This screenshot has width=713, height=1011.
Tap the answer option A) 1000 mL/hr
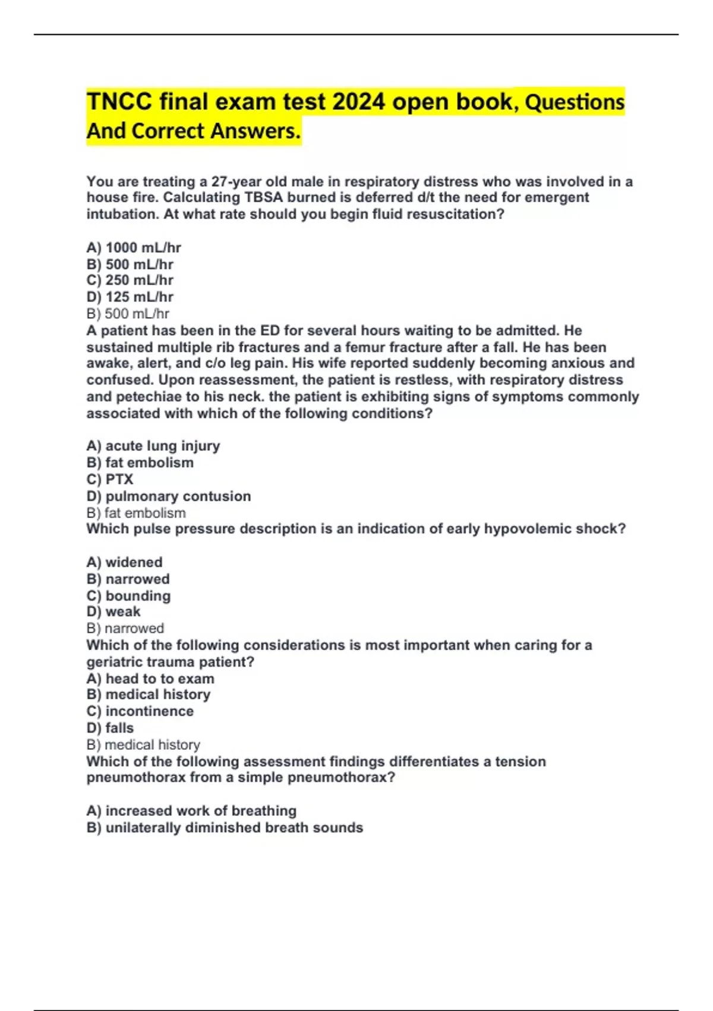(134, 247)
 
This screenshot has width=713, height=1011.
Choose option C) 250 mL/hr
(130, 280)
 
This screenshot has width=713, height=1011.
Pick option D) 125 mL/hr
(130, 297)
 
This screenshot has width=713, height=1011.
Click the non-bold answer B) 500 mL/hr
(128, 313)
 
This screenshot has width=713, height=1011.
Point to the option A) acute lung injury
(153, 446)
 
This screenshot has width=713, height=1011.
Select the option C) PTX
(110, 479)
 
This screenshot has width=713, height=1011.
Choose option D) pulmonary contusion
(169, 496)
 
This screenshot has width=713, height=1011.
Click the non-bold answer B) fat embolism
(136, 513)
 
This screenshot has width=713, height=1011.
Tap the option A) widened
(124, 562)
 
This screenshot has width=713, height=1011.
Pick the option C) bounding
(128, 595)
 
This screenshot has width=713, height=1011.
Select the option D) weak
(113, 611)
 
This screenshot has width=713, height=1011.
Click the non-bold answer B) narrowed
(125, 628)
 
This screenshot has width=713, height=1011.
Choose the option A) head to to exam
(150, 679)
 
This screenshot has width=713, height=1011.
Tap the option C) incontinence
(140, 711)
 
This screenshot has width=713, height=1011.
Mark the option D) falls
(110, 728)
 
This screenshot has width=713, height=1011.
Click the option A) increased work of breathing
(191, 811)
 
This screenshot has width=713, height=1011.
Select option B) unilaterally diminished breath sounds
(225, 827)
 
